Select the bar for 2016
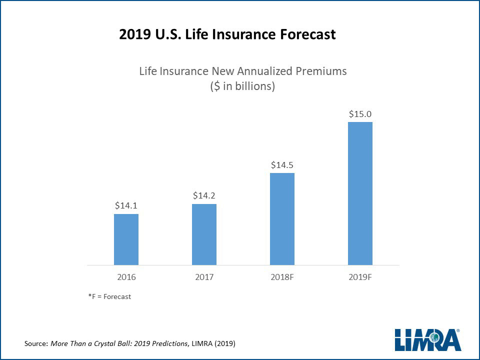tap(126, 239)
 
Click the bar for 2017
tap(204, 234)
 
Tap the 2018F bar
tap(282, 219)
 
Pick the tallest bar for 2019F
tap(360, 193)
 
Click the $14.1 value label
tap(126, 205)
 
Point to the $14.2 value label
tap(204, 195)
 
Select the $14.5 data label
tap(282, 164)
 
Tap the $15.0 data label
tap(360, 114)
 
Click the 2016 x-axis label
tap(126, 277)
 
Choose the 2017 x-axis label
tap(204, 277)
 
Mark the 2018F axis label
tap(282, 277)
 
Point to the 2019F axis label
tap(360, 277)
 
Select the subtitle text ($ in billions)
tap(242, 86)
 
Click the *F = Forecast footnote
tap(109, 296)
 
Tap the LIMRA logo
tap(427, 340)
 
